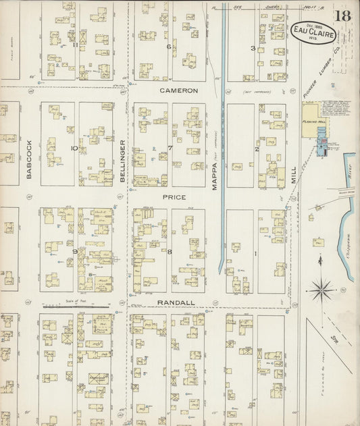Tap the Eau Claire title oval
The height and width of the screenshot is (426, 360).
(314, 32)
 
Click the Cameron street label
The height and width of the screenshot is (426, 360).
(178, 90)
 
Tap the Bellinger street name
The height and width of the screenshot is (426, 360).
(122, 159)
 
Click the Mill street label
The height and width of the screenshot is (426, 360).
(292, 172)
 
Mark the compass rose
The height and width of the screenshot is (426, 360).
(322, 291)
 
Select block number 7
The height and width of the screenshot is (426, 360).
(170, 147)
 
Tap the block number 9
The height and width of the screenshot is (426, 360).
(75, 251)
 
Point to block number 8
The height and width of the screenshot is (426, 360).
(170, 252)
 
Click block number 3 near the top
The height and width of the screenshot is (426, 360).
(253, 48)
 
